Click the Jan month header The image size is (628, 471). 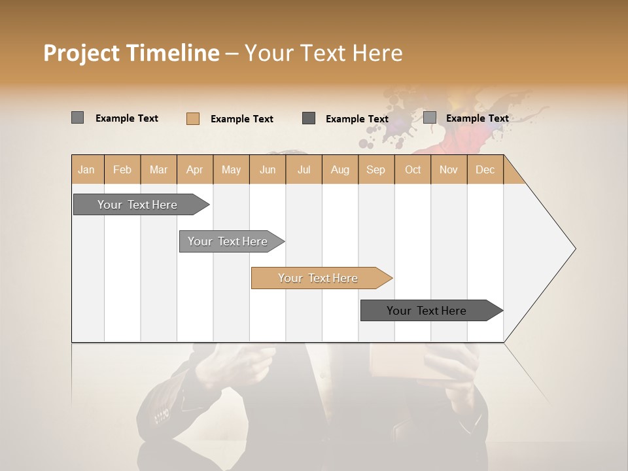coord(87,169)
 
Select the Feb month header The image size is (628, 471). coord(122,169)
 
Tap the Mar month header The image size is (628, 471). coord(158,169)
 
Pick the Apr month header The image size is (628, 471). coord(195,169)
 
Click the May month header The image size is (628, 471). coord(231,169)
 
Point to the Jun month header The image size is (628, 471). coord(268,169)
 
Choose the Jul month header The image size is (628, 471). coord(304,169)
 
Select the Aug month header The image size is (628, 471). coord(340,169)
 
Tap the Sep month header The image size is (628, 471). coord(376,169)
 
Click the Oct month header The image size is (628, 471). coord(413,169)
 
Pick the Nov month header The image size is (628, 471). coord(449,169)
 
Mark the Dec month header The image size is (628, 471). coord(485,169)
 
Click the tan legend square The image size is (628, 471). coord(192,118)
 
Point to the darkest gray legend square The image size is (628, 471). coord(309,118)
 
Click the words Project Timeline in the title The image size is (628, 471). coord(131,53)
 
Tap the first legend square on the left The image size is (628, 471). coord(77,118)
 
